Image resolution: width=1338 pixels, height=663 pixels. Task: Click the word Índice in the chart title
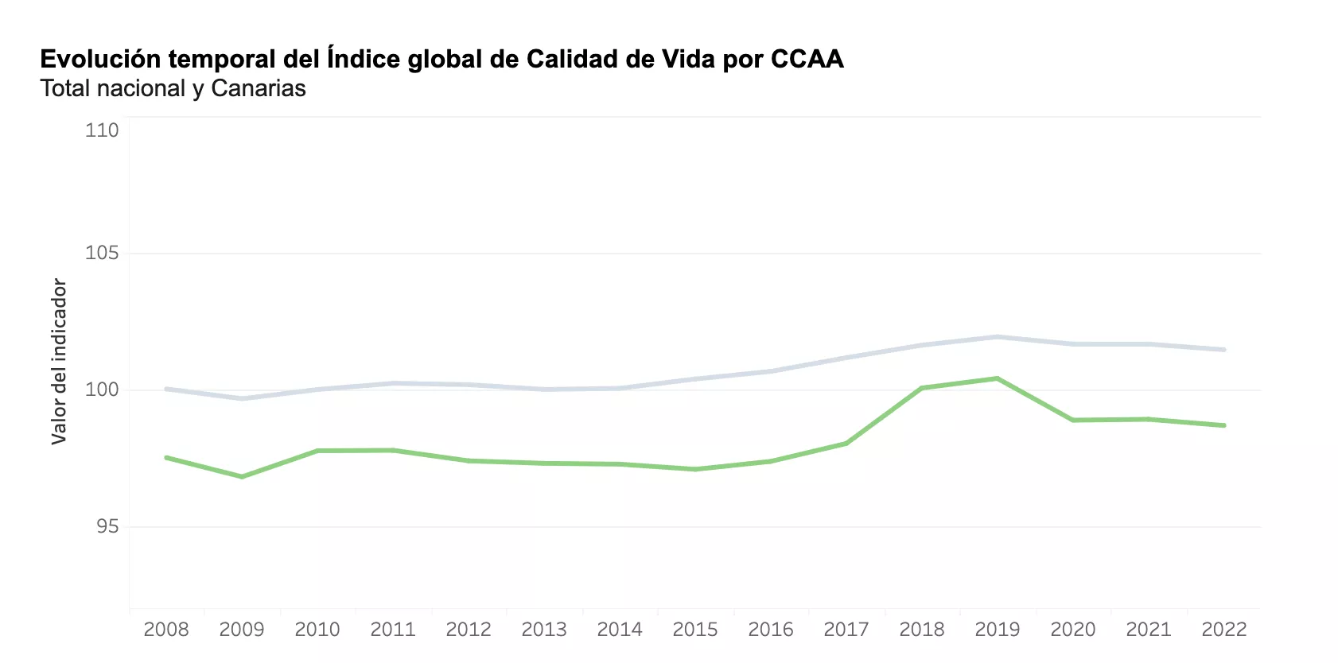point(364,59)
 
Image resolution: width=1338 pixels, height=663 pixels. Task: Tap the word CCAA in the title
point(807,59)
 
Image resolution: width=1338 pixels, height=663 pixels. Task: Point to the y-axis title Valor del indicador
point(59,361)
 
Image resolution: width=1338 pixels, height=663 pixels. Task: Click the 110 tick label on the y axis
point(102,130)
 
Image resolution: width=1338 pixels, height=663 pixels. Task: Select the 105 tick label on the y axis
point(102,253)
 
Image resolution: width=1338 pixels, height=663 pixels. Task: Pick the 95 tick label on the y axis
point(107,526)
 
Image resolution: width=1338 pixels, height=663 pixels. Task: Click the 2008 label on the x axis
point(166,630)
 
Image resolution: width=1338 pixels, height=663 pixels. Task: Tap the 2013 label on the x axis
point(544,630)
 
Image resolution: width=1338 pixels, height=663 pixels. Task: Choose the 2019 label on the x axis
point(998,630)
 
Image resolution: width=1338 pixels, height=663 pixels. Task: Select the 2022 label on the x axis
point(1224,630)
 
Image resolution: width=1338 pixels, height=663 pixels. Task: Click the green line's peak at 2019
point(998,378)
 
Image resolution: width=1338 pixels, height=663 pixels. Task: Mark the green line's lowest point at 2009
point(242,477)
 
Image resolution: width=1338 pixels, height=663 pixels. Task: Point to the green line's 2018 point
point(922,388)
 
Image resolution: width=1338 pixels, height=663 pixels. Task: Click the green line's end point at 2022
point(1224,425)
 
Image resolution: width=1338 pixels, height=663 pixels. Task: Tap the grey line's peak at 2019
point(998,337)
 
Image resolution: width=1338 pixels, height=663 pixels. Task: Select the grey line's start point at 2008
point(166,389)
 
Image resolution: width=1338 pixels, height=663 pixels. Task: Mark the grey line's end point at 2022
point(1224,350)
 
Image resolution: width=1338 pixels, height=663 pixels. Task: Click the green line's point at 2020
point(1073,420)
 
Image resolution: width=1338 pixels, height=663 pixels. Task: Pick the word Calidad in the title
point(571,59)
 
